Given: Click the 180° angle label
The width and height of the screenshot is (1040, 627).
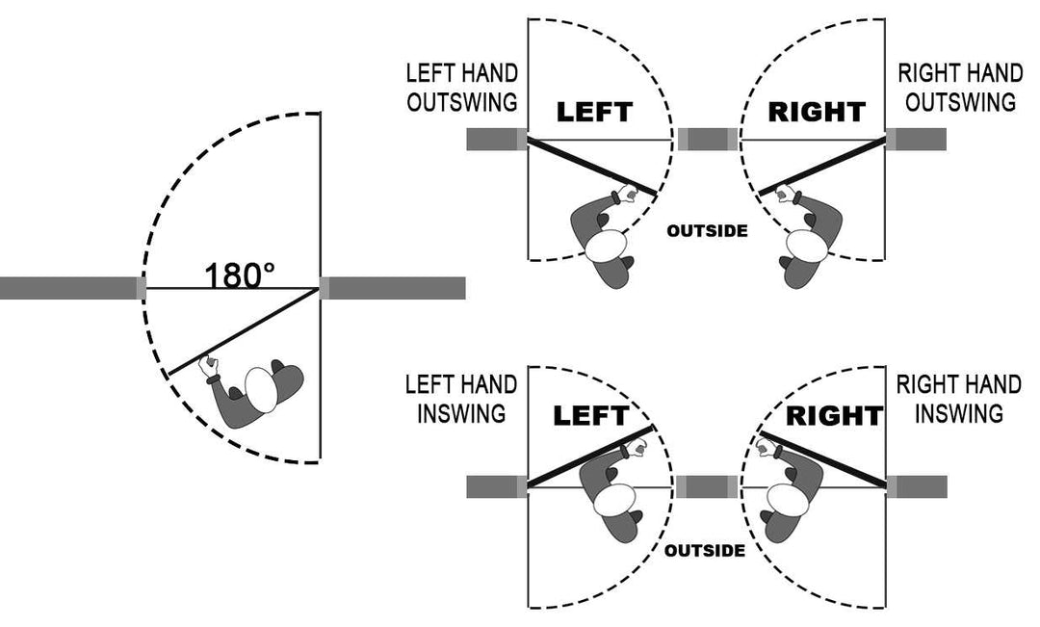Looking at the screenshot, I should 239,275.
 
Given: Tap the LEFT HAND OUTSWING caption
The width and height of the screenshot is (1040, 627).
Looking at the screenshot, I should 462,88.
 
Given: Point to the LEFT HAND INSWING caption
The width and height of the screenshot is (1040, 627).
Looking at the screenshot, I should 461,399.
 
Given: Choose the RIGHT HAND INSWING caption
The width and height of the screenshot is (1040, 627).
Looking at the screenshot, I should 958,399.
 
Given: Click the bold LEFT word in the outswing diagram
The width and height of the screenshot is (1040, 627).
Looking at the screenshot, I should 594,113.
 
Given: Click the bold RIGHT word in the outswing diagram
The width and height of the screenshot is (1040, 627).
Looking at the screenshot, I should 817,113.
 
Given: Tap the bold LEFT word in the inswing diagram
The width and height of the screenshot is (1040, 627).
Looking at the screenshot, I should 590,417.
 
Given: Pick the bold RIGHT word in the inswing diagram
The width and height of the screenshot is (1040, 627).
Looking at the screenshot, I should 834,417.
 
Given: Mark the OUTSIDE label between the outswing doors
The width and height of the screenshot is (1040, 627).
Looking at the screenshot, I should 707,231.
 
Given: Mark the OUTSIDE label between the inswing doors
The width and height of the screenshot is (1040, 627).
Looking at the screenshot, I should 705,552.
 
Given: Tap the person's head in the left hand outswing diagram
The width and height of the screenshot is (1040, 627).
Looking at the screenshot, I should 608,246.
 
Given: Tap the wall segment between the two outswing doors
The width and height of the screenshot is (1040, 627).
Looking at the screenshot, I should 708,140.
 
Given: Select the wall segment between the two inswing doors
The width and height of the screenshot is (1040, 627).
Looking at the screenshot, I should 708,486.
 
